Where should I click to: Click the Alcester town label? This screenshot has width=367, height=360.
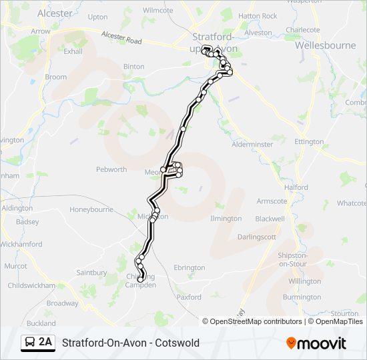point(55,13)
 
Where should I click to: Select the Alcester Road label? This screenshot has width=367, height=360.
point(122,38)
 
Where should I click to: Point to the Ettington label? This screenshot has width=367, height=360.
point(309,142)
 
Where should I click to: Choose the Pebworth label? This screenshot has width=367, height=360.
point(111,169)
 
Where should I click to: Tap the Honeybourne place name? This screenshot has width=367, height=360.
point(91,209)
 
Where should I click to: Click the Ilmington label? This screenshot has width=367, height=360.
point(226,219)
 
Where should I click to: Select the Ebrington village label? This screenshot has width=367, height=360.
point(190,268)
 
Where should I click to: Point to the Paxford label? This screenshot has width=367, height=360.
point(189,297)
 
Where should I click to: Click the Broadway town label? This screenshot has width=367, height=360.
point(62,303)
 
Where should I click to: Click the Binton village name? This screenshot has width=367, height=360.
point(133,67)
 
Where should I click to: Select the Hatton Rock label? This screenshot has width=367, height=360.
point(258,16)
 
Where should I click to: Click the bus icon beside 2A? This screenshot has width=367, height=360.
point(30,343)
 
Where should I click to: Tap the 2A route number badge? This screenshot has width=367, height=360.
point(45,343)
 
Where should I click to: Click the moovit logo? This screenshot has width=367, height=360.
point(316,343)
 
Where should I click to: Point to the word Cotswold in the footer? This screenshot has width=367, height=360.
point(177,343)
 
